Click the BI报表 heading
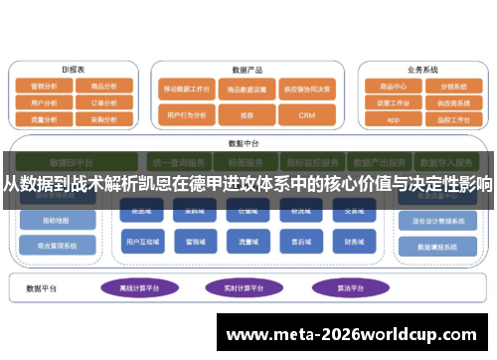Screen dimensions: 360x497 pyautogui.click(x=74, y=71)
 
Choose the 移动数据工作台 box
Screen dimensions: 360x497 pyautogui.click(x=186, y=89)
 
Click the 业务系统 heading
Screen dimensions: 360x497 pyautogui.click(x=422, y=71)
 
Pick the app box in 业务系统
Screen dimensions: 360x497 pyautogui.click(x=393, y=118)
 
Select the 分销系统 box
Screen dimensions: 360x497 pyautogui.click(x=452, y=87)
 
